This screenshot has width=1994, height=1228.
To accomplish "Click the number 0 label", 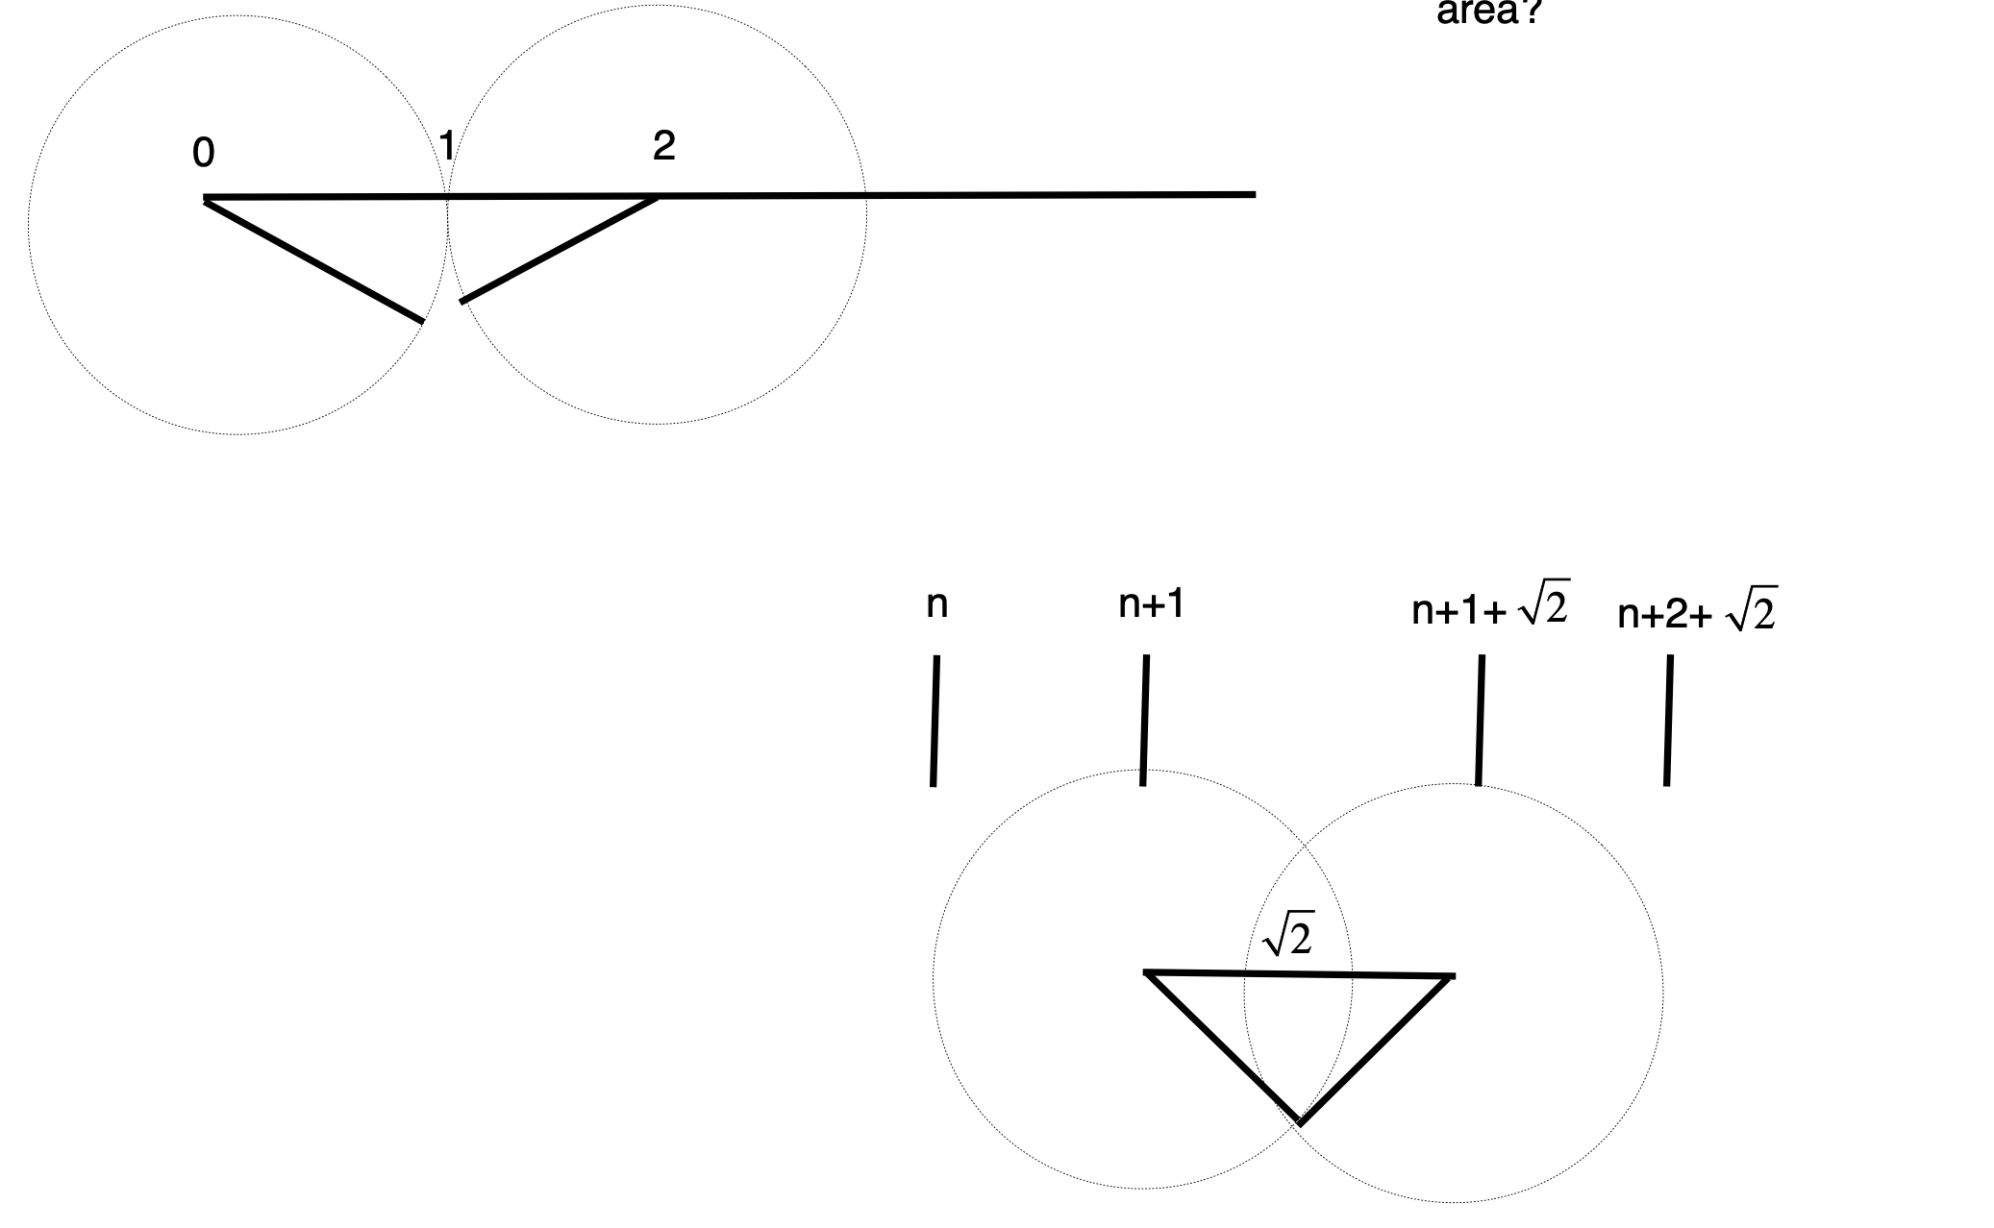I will [x=203, y=153].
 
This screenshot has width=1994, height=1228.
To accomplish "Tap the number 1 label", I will [x=446, y=146].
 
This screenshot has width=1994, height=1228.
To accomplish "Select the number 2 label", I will [x=663, y=146].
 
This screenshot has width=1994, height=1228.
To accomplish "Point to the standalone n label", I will [x=936, y=604].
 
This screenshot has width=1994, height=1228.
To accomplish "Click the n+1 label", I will [x=1151, y=604].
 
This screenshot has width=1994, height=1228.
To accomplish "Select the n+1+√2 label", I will [x=1490, y=606].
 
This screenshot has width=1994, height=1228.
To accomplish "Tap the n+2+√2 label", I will [x=1697, y=611].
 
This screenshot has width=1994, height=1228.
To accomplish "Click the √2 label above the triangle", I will [x=1287, y=936].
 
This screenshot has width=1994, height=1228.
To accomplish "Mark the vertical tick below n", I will [x=935, y=721].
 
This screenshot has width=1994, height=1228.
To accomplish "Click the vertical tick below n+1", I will [x=1144, y=721].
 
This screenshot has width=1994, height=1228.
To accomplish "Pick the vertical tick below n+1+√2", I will [x=1480, y=721].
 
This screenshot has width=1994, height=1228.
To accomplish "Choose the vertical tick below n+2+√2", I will [x=1668, y=721].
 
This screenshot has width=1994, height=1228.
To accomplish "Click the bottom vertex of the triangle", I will [x=1300, y=1121].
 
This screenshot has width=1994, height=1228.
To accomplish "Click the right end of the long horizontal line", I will [x=1254, y=194].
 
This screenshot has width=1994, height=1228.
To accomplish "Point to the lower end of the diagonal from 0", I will [x=421, y=321].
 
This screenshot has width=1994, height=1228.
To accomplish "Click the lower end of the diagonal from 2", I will [x=462, y=301].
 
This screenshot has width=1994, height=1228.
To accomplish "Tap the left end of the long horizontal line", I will [x=206, y=199].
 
